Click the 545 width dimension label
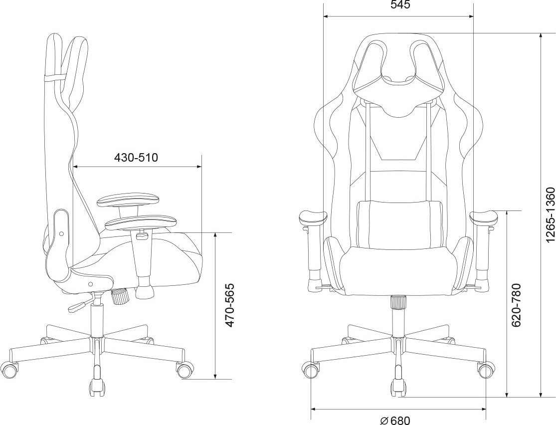tap(400, 5)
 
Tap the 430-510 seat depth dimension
tap(136, 157)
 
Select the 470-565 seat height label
tap(230, 305)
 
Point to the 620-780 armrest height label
tap(516, 305)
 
